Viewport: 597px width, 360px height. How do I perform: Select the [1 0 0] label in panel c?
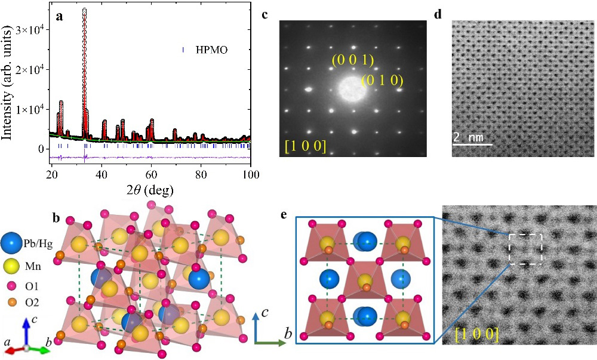coord(305,144)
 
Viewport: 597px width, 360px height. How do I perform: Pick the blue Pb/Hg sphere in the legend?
coord(13,245)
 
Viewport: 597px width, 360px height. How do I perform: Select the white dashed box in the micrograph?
coord(525,248)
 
